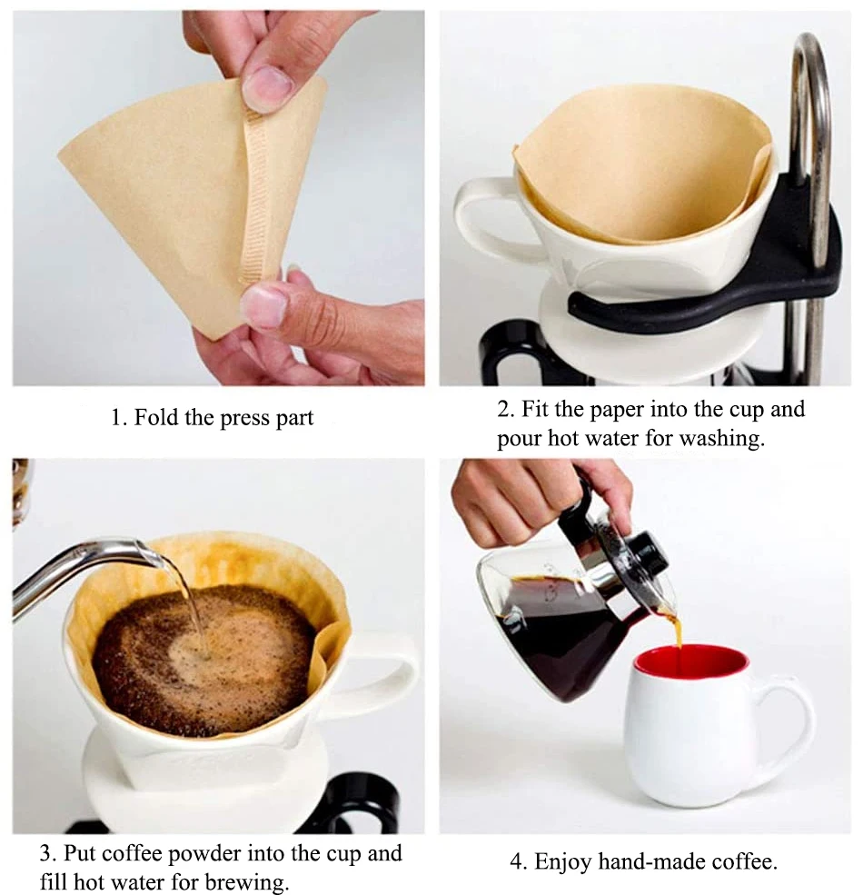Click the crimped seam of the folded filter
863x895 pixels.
(x=257, y=200)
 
